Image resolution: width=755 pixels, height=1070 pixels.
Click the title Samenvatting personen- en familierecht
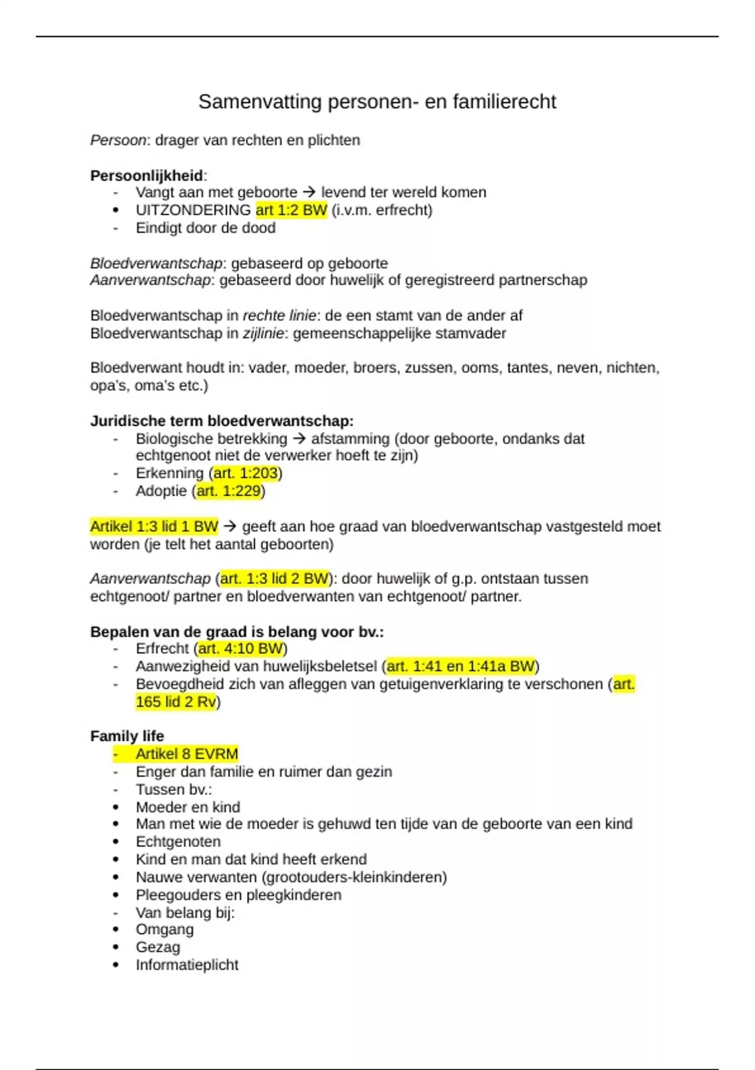click(x=377, y=101)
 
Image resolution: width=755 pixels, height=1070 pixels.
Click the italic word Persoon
click(x=118, y=140)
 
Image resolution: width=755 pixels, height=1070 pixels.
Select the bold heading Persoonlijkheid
click(x=147, y=176)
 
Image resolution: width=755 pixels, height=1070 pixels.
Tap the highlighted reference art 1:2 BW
click(x=291, y=210)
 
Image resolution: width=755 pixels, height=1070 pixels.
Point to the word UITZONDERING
click(x=193, y=210)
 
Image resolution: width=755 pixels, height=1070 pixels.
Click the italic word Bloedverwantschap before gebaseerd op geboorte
click(x=157, y=263)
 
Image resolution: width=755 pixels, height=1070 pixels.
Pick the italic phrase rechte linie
click(x=281, y=315)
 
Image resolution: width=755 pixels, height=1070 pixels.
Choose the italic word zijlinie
click(x=263, y=333)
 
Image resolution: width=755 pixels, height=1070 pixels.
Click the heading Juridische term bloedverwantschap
click(x=221, y=421)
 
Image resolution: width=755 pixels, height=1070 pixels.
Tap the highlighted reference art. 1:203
click(x=245, y=473)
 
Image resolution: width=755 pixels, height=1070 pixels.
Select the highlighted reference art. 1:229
click(x=228, y=491)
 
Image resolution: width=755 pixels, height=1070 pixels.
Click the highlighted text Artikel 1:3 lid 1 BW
click(x=154, y=526)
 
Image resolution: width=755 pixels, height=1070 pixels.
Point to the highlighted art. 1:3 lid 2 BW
click(x=274, y=578)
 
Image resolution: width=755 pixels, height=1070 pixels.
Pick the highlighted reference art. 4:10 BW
click(x=240, y=648)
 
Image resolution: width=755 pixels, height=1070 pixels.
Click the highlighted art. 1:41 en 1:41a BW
click(x=461, y=666)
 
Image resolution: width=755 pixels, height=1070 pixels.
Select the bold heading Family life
click(x=127, y=736)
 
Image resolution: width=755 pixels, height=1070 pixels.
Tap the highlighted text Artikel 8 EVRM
click(x=187, y=754)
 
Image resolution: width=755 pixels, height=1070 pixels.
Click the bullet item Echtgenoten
click(x=178, y=842)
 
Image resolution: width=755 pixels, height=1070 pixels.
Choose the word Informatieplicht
click(x=187, y=965)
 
